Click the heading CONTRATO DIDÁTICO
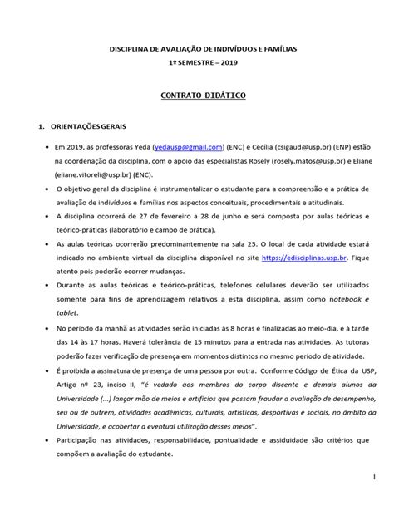pos(197,97)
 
